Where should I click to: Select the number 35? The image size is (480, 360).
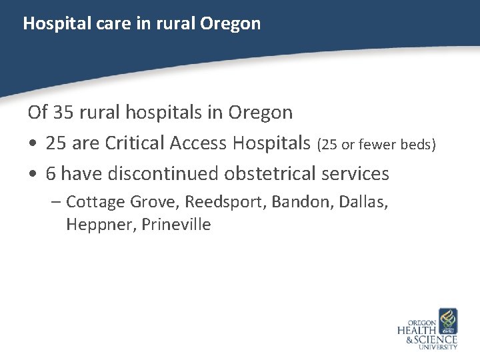(x=62, y=112)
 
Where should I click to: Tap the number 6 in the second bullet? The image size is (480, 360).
(x=51, y=174)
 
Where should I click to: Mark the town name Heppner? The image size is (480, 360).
(x=101, y=225)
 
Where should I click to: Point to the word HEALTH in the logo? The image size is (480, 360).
(x=417, y=330)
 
